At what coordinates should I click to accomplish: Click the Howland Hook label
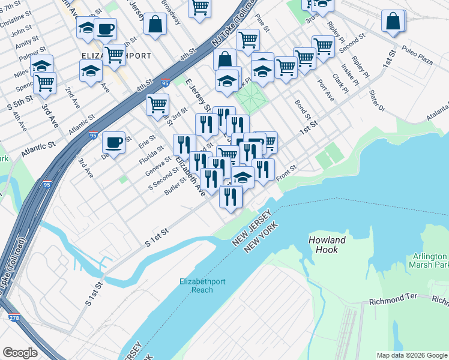pyautogui.click(x=327, y=244)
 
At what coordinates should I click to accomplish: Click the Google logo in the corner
pyautogui.click(x=20, y=352)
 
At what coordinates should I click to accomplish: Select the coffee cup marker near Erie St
pyautogui.click(x=113, y=143)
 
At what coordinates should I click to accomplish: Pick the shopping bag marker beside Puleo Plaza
pyautogui.click(x=393, y=21)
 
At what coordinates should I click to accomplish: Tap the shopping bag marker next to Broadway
pyautogui.click(x=155, y=25)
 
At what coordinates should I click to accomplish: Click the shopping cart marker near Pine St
pyautogui.click(x=248, y=40)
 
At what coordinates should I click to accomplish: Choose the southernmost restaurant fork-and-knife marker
pyautogui.click(x=231, y=197)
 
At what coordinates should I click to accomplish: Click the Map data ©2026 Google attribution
pyautogui.click(x=412, y=355)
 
